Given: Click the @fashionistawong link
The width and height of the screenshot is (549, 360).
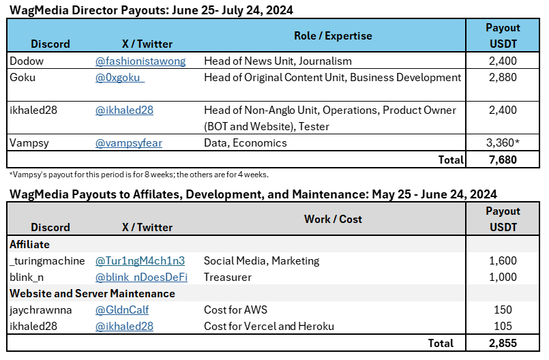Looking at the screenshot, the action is [140, 61].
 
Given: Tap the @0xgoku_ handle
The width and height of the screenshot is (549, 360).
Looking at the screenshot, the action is [120, 78].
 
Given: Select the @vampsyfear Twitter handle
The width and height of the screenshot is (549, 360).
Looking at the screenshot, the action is [129, 143].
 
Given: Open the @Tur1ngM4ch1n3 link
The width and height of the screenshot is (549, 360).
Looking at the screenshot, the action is [140, 260].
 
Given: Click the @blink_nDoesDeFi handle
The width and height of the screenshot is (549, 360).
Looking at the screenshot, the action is [142, 277].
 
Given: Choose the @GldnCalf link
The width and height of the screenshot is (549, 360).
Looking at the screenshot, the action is [122, 310].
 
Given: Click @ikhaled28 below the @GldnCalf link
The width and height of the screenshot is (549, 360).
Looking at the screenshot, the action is [124, 326].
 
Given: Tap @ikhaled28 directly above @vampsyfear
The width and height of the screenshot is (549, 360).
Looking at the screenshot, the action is [124, 110].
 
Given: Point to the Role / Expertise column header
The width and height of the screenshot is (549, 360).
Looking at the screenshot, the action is [333, 35].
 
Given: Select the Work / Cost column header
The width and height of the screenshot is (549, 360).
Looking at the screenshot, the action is [333, 219].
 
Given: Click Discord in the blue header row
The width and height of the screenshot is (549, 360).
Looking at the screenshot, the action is [50, 44].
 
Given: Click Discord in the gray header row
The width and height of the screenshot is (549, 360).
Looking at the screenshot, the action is [50, 227].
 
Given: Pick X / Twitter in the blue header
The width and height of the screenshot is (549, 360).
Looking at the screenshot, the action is [147, 44].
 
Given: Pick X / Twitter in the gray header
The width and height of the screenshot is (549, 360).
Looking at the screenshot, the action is [147, 227].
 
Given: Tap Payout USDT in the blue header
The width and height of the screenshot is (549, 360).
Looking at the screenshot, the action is [503, 35].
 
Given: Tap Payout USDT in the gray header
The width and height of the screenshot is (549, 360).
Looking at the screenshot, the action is [503, 219].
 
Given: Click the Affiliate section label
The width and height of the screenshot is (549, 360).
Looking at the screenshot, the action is [29, 244].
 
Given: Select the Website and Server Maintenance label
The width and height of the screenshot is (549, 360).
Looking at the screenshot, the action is [92, 293].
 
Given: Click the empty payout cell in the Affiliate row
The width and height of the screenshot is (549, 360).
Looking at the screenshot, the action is [507, 244].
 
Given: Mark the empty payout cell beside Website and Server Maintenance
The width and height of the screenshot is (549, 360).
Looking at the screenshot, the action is [507, 293].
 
